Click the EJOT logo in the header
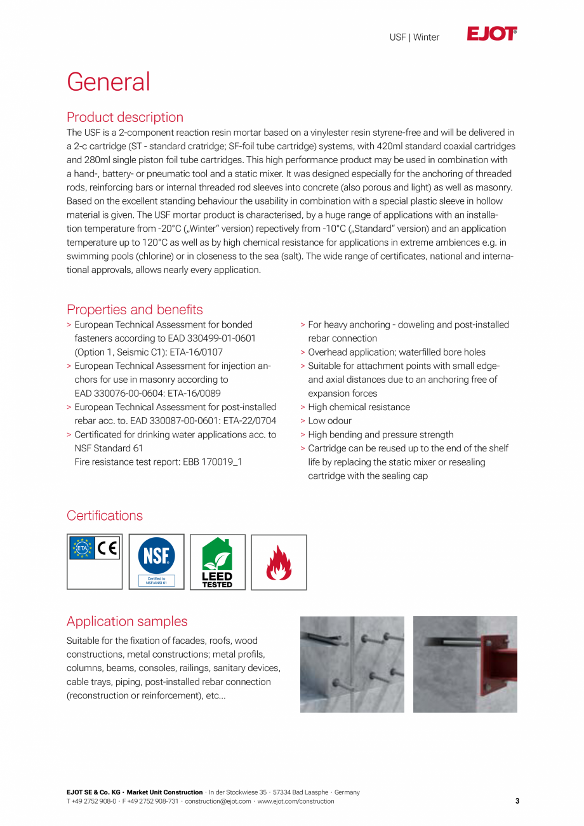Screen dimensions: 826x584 492,34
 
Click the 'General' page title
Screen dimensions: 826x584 109,82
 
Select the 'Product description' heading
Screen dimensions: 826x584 125,117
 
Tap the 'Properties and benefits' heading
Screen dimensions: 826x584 135,310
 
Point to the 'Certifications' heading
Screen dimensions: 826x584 105,516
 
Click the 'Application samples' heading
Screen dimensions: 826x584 127,622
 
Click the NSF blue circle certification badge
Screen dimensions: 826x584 156,556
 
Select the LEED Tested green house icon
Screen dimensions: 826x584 217,554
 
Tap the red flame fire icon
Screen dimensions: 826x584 279,563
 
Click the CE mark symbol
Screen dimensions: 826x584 107,548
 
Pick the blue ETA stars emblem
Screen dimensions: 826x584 82,548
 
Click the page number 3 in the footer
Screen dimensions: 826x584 517,801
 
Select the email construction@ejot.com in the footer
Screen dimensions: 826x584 218,801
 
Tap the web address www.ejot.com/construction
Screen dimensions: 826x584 295,801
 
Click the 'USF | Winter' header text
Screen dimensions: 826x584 414,37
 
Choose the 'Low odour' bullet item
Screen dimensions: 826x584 329,421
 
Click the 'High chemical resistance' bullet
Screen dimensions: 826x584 359,407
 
